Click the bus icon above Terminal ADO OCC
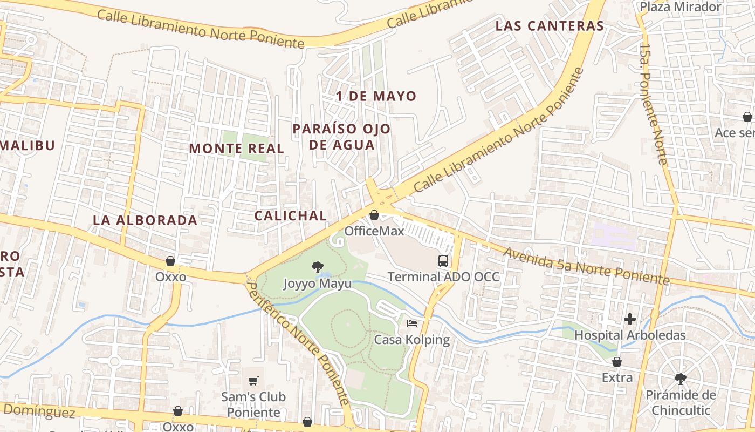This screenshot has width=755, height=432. point(443,261)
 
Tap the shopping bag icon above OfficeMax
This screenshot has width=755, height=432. point(374,215)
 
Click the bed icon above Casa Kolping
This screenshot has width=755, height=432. point(412,323)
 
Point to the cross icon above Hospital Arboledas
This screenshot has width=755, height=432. point(629,319)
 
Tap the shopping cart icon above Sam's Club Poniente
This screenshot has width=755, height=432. point(253,381)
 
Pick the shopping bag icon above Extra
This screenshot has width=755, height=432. point(617,362)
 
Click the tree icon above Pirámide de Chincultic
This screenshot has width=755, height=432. point(681,379)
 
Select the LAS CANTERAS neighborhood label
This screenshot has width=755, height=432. point(549,26)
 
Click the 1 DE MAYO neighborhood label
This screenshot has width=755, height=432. point(376,97)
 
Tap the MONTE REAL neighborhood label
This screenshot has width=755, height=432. point(236,148)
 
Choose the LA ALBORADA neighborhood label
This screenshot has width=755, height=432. point(145,220)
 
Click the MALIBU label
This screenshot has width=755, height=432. point(28,146)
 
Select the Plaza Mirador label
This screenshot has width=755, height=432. point(680,7)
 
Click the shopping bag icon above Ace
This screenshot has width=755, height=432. point(747,117)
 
